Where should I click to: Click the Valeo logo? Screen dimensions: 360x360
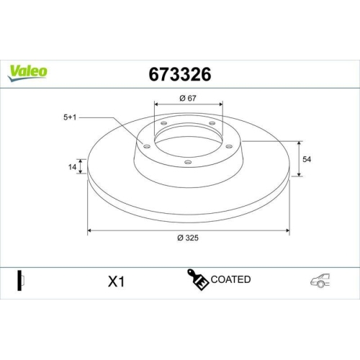(29, 71)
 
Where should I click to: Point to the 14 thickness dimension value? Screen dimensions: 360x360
(72, 168)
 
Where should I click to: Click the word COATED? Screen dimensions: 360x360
(231, 279)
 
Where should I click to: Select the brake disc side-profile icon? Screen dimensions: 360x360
(21, 280)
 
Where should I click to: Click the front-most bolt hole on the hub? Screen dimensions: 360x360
(188, 162)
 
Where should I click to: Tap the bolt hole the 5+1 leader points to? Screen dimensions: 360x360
(148, 147)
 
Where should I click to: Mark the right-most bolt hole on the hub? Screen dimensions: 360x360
(229, 147)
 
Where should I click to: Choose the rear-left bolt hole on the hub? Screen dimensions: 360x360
(163, 124)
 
